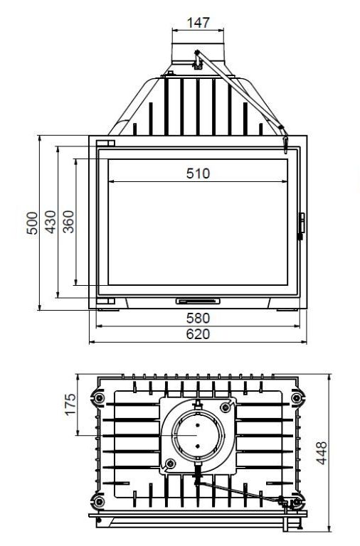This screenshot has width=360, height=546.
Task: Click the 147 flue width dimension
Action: coord(198,23)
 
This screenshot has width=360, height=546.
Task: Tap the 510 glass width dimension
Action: coord(198,173)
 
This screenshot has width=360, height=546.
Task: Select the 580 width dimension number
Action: coord(198,318)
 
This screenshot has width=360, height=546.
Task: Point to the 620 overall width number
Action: coord(198,334)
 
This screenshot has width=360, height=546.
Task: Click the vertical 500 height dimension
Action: coord(32,223)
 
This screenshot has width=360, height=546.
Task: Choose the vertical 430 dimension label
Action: coord(51,222)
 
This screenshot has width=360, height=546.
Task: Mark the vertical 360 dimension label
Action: coord(68,222)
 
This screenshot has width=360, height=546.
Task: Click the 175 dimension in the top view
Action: coord(70,405)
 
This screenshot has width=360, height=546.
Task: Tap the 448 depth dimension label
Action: coord(322,453)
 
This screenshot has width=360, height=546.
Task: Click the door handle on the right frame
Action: coord(302,225)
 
